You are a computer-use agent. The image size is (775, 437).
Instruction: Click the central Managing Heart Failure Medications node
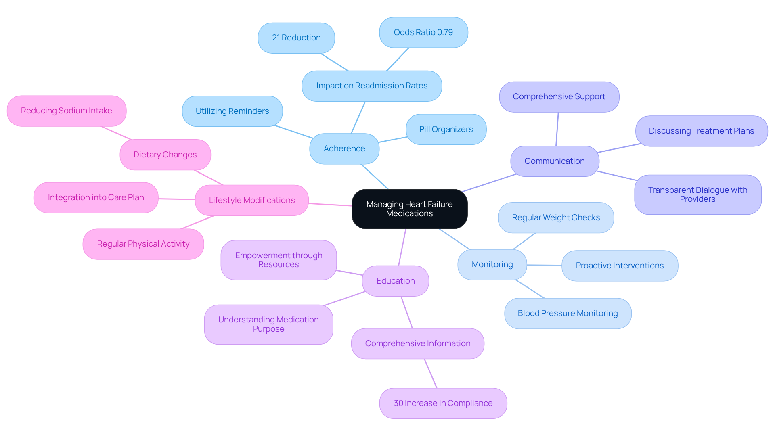[x=409, y=209]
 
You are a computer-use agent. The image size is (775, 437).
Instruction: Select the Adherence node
[x=344, y=148]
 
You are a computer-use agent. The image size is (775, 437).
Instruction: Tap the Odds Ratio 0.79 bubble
[x=423, y=32]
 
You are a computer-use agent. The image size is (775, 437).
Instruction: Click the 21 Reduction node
[x=296, y=38]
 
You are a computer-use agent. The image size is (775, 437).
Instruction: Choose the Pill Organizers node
[x=446, y=129]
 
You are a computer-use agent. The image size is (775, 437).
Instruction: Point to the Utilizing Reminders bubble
[x=232, y=111]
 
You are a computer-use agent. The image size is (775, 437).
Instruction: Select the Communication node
[x=555, y=161]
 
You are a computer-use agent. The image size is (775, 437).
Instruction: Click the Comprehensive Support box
[x=559, y=97]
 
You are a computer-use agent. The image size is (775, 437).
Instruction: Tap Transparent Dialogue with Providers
[x=697, y=194]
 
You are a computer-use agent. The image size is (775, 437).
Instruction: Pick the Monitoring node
[x=492, y=264]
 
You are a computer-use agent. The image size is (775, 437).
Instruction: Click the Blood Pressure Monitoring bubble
[x=568, y=313]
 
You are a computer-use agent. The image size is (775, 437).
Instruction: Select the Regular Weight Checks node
[x=556, y=217]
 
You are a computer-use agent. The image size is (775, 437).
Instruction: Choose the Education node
[x=396, y=281]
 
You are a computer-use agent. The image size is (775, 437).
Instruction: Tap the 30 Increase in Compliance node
[x=443, y=403]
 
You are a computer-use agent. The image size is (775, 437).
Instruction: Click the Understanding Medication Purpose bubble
[x=268, y=324]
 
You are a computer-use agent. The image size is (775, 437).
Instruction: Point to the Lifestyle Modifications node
[x=252, y=200]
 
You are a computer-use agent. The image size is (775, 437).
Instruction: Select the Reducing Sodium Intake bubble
[x=67, y=111]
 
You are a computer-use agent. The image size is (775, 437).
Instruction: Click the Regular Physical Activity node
[x=143, y=244]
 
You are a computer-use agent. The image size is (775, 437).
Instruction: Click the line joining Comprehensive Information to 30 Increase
[x=431, y=374]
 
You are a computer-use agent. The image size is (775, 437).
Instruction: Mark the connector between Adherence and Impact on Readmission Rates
[x=358, y=117]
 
